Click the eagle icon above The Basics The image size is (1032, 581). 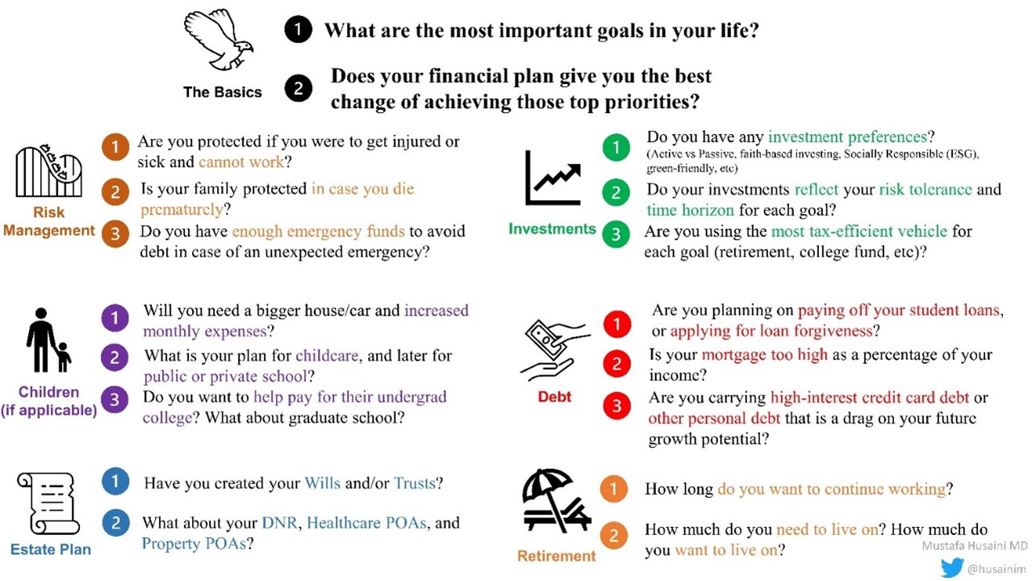218,40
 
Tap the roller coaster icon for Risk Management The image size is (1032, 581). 49,170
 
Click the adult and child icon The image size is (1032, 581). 48,340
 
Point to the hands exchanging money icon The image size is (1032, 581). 554,350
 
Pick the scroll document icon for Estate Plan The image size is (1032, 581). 48,504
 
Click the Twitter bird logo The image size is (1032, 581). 952,567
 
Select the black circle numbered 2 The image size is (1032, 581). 298,88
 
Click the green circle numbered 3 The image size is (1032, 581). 616,235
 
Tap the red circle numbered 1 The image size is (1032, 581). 617,324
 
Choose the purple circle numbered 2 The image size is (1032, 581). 115,357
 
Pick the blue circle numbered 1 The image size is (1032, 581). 115,482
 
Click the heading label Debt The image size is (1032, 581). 554,397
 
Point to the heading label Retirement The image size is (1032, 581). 556,556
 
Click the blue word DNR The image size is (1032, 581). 280,523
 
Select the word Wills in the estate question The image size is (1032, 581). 323,483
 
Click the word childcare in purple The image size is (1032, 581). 327,356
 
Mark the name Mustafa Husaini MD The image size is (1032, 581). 975,545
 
